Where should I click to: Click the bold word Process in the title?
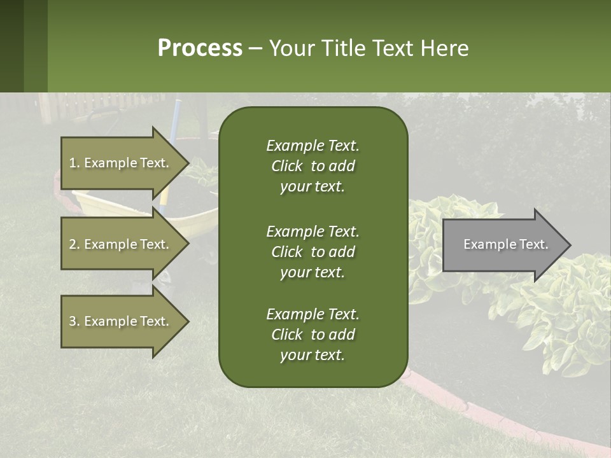[200, 48]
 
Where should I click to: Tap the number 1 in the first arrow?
[73, 163]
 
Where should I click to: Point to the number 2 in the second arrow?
[73, 244]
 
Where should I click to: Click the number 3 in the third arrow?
[73, 321]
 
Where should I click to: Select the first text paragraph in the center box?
[313, 166]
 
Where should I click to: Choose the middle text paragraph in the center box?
[313, 252]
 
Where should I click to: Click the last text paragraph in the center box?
[313, 335]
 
